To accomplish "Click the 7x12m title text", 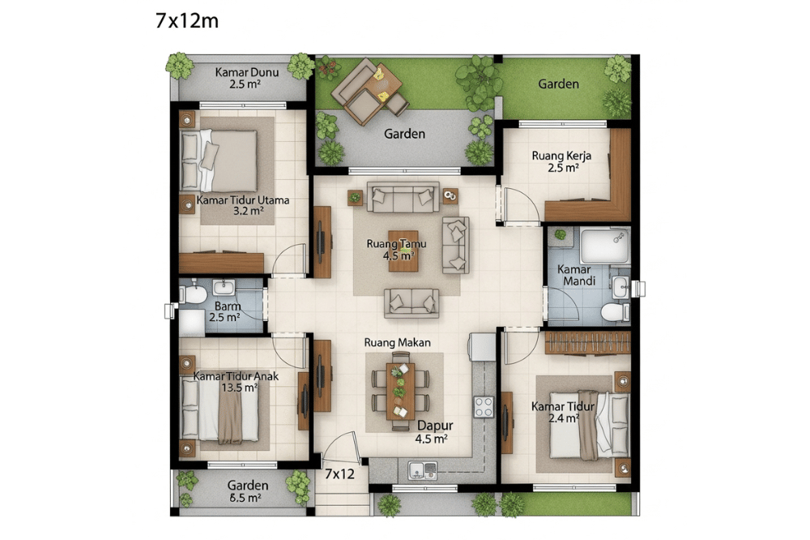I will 186,21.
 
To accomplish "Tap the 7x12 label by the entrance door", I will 339,474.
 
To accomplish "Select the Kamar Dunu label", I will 247,77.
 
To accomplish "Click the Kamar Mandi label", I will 577,275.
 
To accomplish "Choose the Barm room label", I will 227,311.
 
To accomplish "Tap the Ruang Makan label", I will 397,342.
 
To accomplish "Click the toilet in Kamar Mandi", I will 616,311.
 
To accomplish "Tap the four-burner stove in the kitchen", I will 484,405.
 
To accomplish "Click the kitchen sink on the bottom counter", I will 422,469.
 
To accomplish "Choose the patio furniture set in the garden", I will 368,90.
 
